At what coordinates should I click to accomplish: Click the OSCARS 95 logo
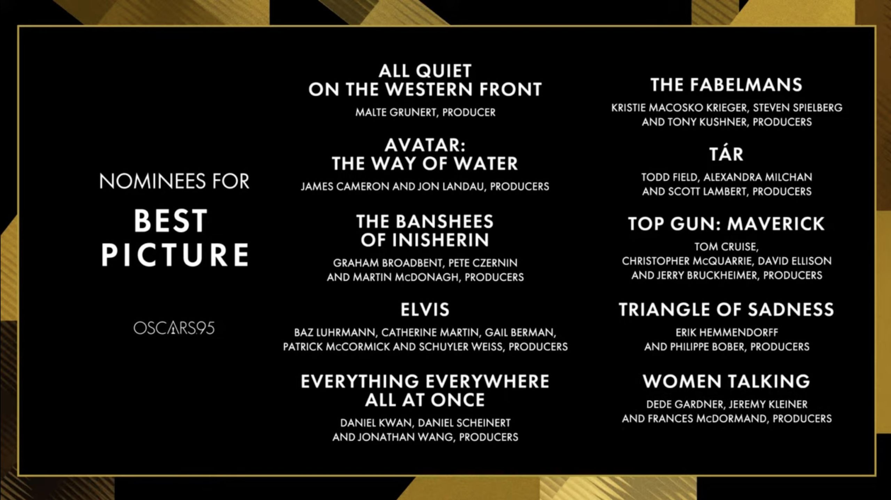(x=174, y=328)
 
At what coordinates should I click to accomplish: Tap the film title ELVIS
(x=425, y=309)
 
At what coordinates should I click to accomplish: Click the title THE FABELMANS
(x=726, y=85)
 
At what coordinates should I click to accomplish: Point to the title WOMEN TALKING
(x=726, y=381)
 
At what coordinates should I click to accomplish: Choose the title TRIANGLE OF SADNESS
(x=726, y=309)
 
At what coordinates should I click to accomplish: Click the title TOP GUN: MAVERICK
(x=726, y=224)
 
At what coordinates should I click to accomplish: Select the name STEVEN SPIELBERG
(x=798, y=108)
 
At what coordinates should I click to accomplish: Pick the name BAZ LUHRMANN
(x=335, y=333)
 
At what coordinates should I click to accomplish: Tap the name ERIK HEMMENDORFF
(x=727, y=333)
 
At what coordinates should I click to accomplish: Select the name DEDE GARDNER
(x=684, y=404)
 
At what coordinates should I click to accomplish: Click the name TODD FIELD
(x=670, y=177)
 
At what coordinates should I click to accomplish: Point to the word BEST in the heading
(x=171, y=221)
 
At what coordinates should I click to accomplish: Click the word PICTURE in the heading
(x=175, y=255)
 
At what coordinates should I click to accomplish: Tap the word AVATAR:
(x=425, y=145)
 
